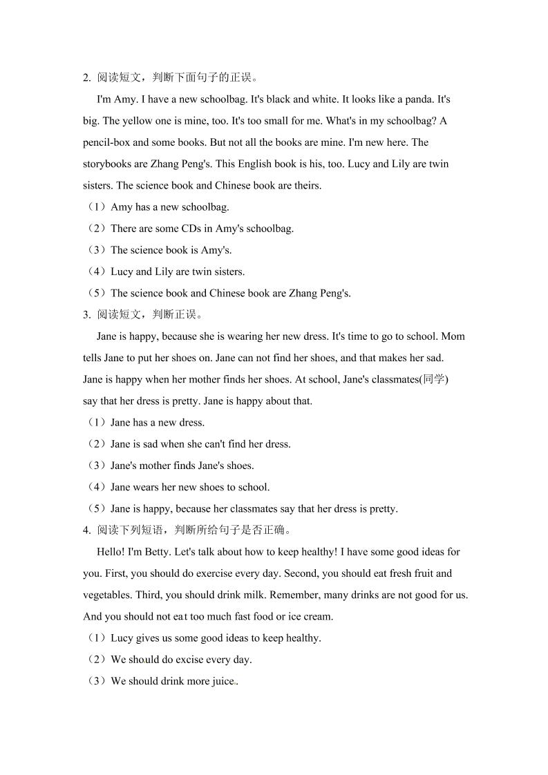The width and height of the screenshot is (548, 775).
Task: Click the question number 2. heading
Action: coord(87,78)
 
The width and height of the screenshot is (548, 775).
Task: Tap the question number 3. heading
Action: coord(87,315)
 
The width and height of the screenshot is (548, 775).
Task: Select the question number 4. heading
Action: coord(87,530)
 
